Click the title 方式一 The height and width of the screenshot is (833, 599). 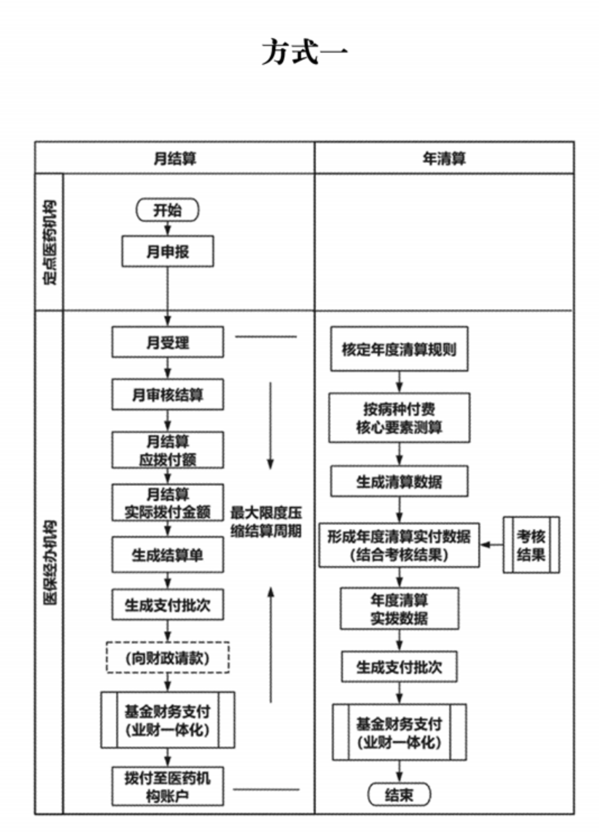pyautogui.click(x=305, y=53)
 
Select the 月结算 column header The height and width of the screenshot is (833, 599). pyautogui.click(x=175, y=159)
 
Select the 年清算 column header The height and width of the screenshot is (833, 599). pyautogui.click(x=444, y=159)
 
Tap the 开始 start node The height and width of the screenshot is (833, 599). pyautogui.click(x=167, y=210)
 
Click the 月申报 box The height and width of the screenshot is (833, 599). pyautogui.click(x=168, y=252)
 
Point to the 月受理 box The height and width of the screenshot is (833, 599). pyautogui.click(x=168, y=342)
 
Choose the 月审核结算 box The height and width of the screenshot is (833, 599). pyautogui.click(x=168, y=395)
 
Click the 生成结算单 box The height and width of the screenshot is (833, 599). pyautogui.click(x=168, y=555)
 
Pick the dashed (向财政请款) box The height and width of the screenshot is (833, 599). pyautogui.click(x=168, y=658)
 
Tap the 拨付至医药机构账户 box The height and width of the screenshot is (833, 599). pyautogui.click(x=168, y=786)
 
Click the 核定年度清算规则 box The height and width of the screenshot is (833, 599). pyautogui.click(x=399, y=349)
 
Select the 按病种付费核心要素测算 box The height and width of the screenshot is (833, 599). pyautogui.click(x=399, y=418)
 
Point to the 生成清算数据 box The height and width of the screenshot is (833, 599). pyautogui.click(x=399, y=481)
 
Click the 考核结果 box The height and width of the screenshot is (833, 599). pyautogui.click(x=531, y=545)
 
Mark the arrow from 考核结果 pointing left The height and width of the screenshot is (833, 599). pyautogui.click(x=491, y=545)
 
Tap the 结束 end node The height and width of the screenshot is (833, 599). pyautogui.click(x=399, y=794)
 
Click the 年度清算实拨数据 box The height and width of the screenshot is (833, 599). pyautogui.click(x=399, y=609)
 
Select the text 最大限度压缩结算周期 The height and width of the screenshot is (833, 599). pyautogui.click(x=266, y=521)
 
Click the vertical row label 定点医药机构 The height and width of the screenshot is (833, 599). pyautogui.click(x=50, y=242)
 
